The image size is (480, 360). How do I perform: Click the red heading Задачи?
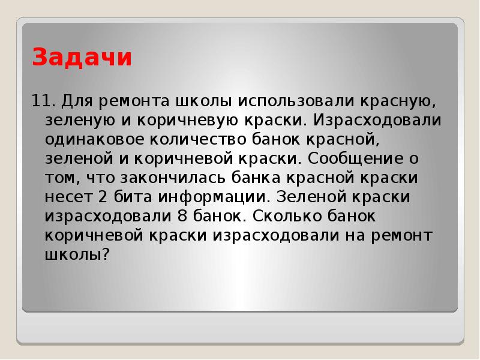pos(82,58)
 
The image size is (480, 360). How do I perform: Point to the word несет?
pos(68,197)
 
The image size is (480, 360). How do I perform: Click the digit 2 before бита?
pos(103,197)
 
